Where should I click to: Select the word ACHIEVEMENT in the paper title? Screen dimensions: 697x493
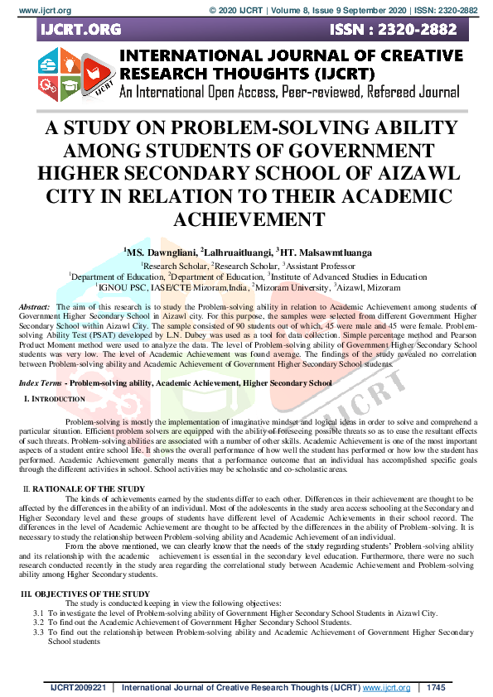[x=246, y=219]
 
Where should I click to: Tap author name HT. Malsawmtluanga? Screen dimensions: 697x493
[x=330, y=252]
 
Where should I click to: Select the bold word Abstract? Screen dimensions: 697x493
[x=34, y=307]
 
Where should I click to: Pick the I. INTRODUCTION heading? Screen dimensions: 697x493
[x=55, y=399]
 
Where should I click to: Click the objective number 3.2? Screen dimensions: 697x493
[x=38, y=622]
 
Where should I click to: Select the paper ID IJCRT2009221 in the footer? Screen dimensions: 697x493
[x=78, y=688]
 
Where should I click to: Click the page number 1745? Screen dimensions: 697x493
[x=437, y=688]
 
